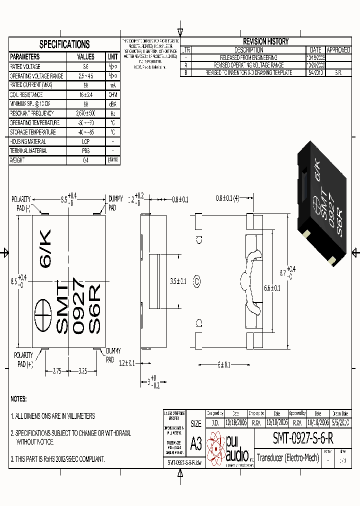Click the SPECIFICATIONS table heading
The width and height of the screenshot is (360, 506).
pyautogui.click(x=64, y=44)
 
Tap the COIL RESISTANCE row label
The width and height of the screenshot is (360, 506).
pyautogui.click(x=26, y=94)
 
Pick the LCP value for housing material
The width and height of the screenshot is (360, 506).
pyautogui.click(x=85, y=141)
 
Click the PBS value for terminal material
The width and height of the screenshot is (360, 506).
pyautogui.click(x=85, y=150)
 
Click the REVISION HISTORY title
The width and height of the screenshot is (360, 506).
pyautogui.click(x=265, y=41)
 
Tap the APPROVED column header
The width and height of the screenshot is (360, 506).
pyautogui.click(x=338, y=50)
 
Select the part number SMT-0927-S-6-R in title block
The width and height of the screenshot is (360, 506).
pyautogui.click(x=303, y=438)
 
